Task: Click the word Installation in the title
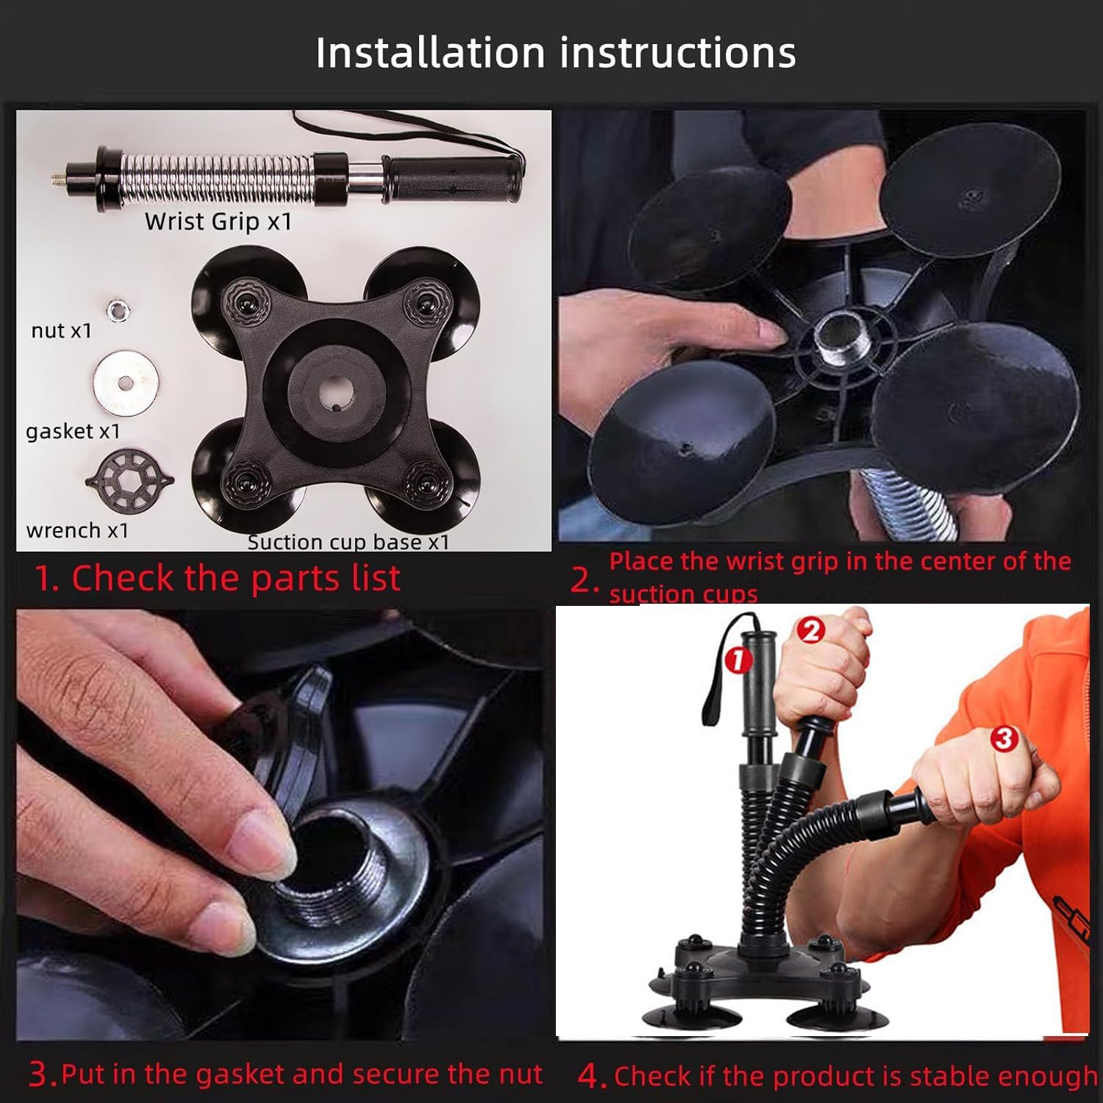coord(430,52)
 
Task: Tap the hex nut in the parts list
coord(115,310)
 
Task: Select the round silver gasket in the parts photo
coord(126,383)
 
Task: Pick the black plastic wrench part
coord(129,480)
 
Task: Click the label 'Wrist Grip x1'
coord(218,221)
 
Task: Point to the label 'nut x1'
coord(62,331)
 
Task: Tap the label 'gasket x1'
coord(73,431)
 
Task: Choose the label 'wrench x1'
coord(77,530)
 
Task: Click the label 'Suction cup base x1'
coord(348,542)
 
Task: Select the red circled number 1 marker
coord(739,659)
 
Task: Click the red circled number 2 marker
coord(811,630)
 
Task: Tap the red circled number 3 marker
coord(1004,738)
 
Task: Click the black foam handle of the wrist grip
coord(453,179)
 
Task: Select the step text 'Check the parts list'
coord(236,578)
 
